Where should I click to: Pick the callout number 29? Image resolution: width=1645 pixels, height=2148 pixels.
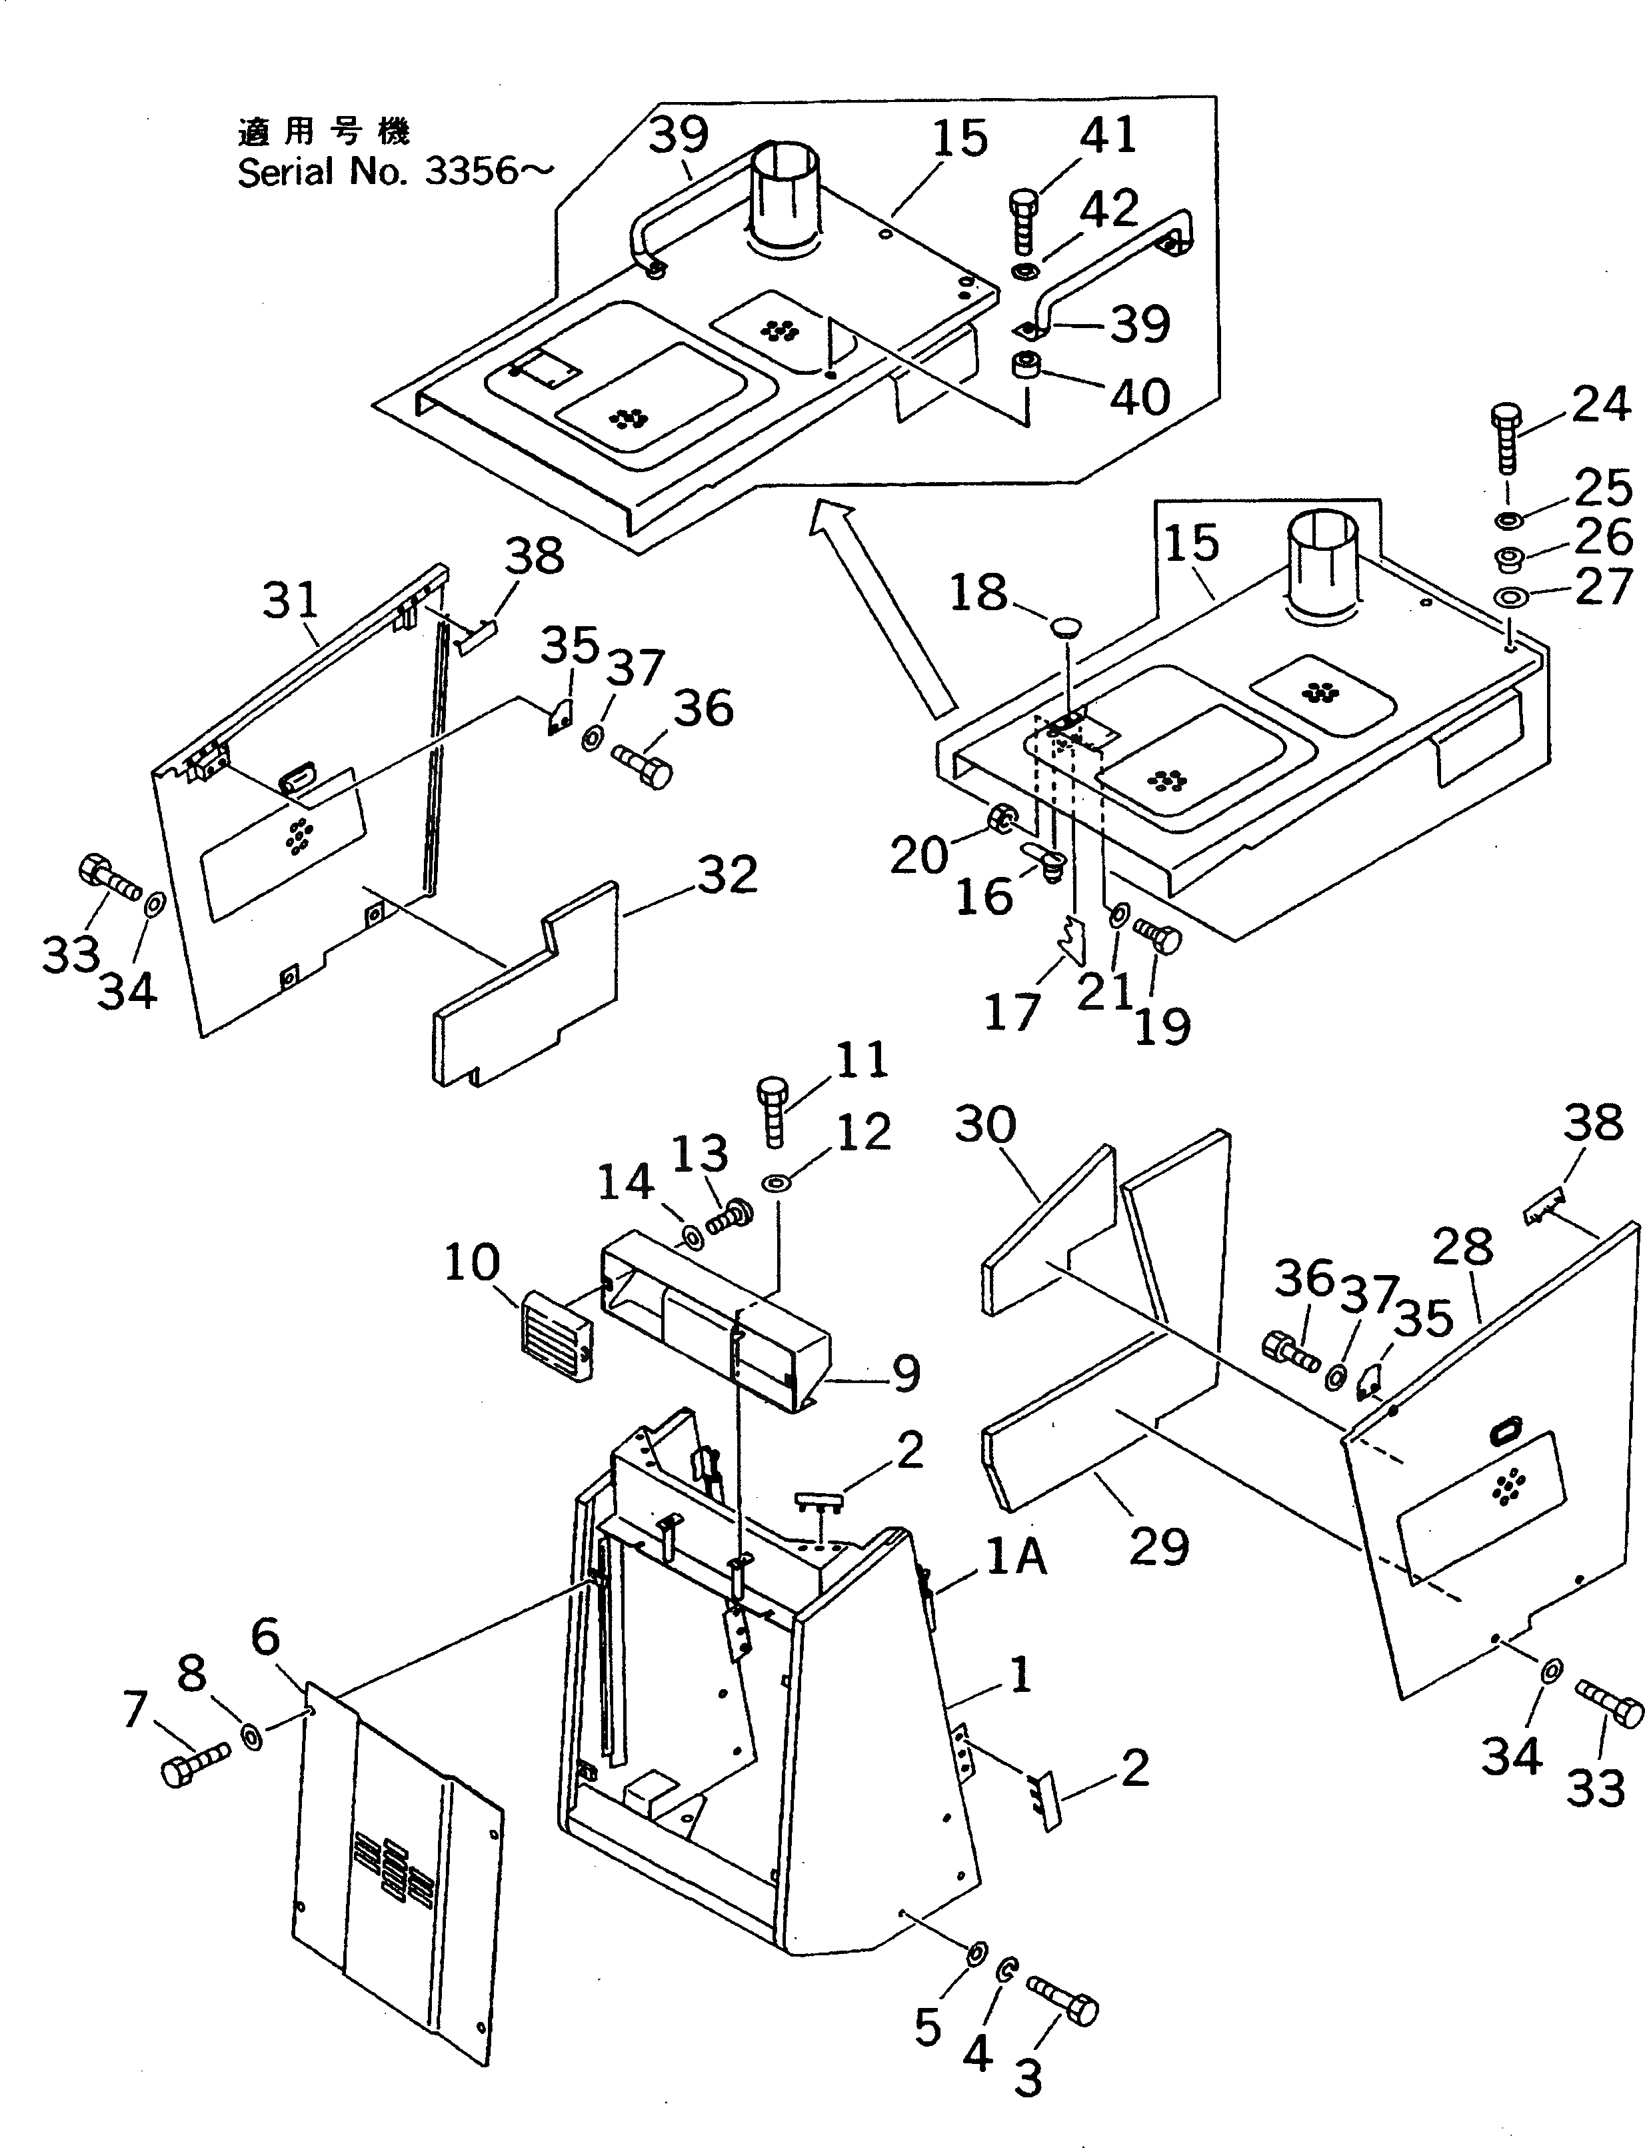1158,1546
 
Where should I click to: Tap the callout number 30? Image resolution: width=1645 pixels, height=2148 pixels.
985,1126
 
